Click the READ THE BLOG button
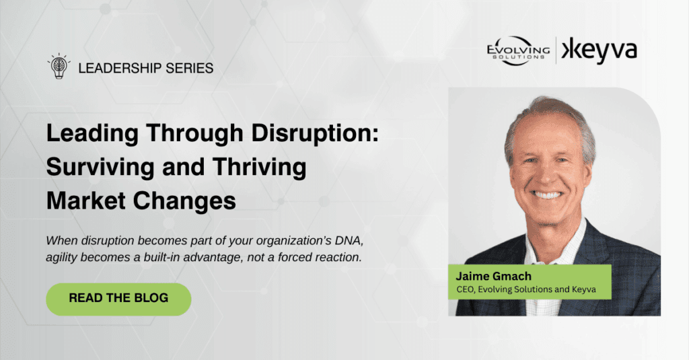coord(118,299)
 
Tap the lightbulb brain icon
coord(59,67)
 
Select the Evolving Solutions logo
coord(518,51)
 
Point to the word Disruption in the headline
coord(315,133)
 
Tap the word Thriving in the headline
coord(259,168)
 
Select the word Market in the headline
coord(85,201)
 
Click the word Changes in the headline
coord(184,201)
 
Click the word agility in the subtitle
coord(61,258)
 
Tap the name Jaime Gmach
coord(493,276)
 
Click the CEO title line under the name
coord(526,289)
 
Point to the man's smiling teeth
coord(547,194)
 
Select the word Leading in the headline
coord(92,133)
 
